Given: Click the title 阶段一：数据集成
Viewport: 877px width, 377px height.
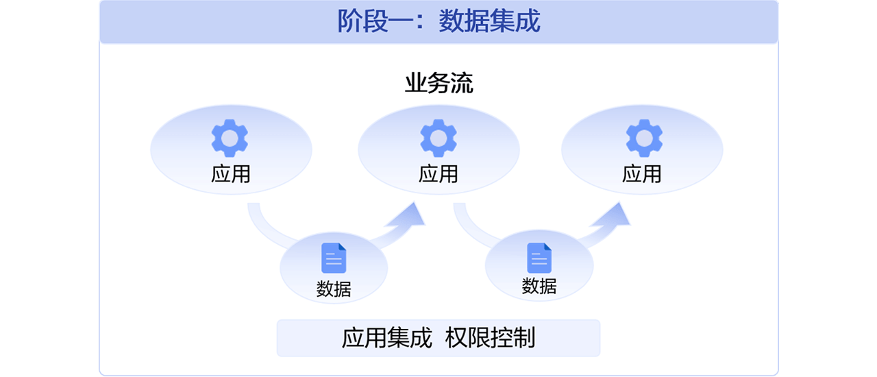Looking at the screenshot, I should pyautogui.click(x=438, y=21).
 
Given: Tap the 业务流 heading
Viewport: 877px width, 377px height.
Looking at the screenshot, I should pyautogui.click(x=438, y=84).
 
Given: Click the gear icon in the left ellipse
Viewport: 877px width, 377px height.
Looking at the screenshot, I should pyautogui.click(x=230, y=138).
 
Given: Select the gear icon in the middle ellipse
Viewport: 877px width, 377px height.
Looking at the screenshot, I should pyautogui.click(x=438, y=138).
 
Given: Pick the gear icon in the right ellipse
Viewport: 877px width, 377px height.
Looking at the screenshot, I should pyautogui.click(x=644, y=138).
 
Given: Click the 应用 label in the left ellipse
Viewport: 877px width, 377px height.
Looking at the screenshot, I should pyautogui.click(x=231, y=174).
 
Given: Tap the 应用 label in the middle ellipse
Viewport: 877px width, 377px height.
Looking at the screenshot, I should pyautogui.click(x=438, y=174).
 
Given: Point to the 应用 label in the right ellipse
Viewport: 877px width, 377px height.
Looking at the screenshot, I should pyautogui.click(x=642, y=174).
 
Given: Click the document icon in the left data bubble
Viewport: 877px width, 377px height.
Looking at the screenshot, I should pyautogui.click(x=334, y=258).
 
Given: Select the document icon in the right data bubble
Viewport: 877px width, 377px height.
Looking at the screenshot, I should pyautogui.click(x=539, y=258).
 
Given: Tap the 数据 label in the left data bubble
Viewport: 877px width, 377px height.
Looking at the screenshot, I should pyautogui.click(x=334, y=289).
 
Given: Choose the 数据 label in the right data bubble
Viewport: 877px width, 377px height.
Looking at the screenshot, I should pyautogui.click(x=539, y=287).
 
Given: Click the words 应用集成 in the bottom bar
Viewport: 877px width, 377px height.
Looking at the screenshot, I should pyautogui.click(x=387, y=338).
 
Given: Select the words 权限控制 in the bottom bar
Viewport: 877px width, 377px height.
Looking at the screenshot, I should pyautogui.click(x=490, y=338).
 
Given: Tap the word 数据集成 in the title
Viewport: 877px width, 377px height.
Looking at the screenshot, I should pyautogui.click(x=490, y=21).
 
